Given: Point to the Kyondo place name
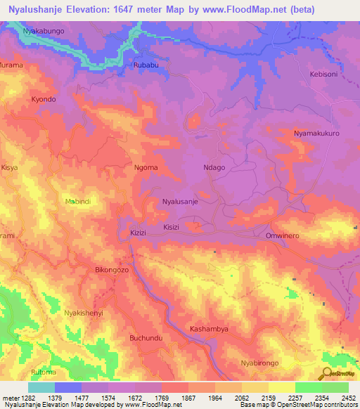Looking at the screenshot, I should coord(44,100).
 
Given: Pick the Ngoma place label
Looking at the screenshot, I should coord(146,168).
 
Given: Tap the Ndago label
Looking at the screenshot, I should coord(214,168).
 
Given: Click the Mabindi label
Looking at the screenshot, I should coord(79,202).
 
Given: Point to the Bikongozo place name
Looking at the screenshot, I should coord(112,270).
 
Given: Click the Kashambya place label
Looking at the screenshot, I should coord(210,329).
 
